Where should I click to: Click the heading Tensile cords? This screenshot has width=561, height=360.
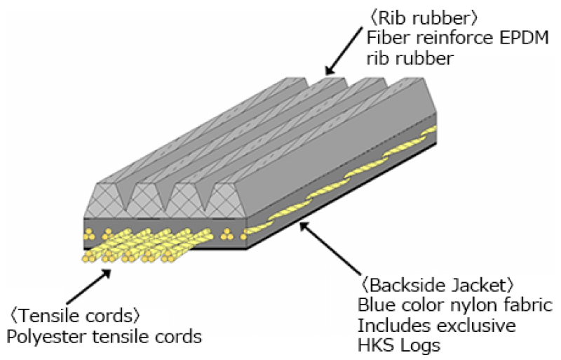click(78, 313)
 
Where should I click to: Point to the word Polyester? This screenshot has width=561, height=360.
click(41, 336)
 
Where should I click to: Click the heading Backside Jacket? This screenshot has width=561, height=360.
click(438, 285)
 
